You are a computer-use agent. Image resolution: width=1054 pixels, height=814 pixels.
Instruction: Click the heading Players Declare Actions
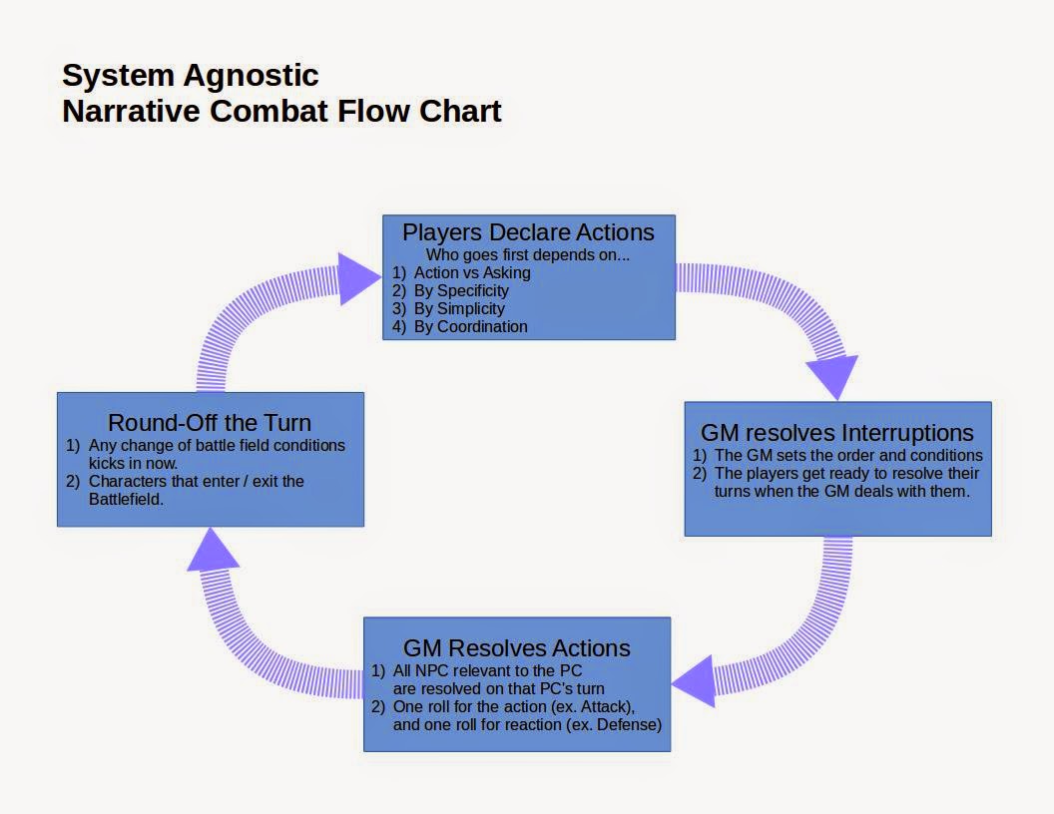tap(528, 232)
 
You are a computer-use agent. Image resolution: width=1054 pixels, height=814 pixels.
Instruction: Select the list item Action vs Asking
tap(472, 272)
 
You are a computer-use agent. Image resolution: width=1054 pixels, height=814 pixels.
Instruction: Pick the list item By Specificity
tap(461, 291)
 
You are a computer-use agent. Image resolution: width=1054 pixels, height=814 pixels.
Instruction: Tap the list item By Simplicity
tap(459, 309)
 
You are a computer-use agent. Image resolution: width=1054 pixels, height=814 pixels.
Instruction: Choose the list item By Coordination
tap(470, 326)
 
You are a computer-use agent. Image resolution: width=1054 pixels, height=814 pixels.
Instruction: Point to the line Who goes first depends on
tap(528, 255)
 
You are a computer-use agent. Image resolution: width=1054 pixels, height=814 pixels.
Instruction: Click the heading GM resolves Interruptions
tap(836, 433)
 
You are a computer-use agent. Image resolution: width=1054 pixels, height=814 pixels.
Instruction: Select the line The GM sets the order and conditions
tap(848, 455)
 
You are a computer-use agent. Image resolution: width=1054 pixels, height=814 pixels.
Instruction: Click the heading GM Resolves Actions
tap(517, 648)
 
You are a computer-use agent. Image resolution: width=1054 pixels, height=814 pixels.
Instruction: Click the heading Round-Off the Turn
tap(210, 423)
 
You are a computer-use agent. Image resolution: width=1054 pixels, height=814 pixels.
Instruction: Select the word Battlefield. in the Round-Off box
tap(127, 500)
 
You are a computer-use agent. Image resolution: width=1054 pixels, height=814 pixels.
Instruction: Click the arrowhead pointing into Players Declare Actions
tap(358, 278)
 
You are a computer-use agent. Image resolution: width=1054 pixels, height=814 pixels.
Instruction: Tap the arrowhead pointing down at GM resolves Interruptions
tap(832, 377)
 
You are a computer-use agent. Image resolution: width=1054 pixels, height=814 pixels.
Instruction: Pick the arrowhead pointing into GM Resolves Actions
tap(693, 681)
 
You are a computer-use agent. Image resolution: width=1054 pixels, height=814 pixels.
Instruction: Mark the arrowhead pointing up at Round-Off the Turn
tap(213, 550)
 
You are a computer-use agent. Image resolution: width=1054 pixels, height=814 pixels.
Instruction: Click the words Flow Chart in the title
tap(419, 112)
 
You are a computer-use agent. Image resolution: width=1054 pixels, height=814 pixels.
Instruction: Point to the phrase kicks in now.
tap(133, 464)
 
